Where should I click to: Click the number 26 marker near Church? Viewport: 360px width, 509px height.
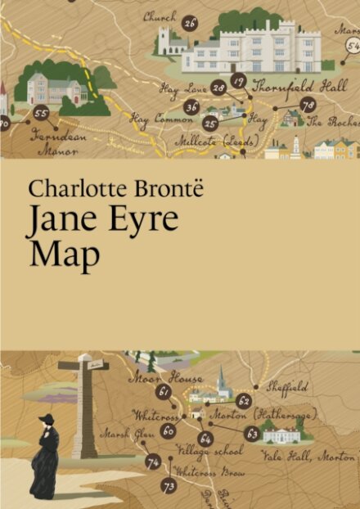(x=189, y=22)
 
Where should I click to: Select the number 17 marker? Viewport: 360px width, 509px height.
(x=238, y=80)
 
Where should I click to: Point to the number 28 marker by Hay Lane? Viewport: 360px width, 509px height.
(x=218, y=88)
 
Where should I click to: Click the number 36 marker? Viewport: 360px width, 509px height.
(x=191, y=106)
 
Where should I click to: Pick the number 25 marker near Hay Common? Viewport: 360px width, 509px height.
(x=210, y=123)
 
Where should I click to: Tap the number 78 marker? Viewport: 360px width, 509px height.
(x=308, y=105)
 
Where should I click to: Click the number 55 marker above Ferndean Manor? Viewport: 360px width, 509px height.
(x=41, y=115)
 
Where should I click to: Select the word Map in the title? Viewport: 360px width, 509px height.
(x=64, y=254)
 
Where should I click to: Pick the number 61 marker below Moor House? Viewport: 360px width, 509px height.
(x=164, y=392)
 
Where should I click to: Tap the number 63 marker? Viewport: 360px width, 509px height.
(x=251, y=433)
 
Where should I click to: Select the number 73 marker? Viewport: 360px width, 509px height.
(x=169, y=486)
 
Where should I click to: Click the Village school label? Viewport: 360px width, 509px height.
(x=209, y=450)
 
